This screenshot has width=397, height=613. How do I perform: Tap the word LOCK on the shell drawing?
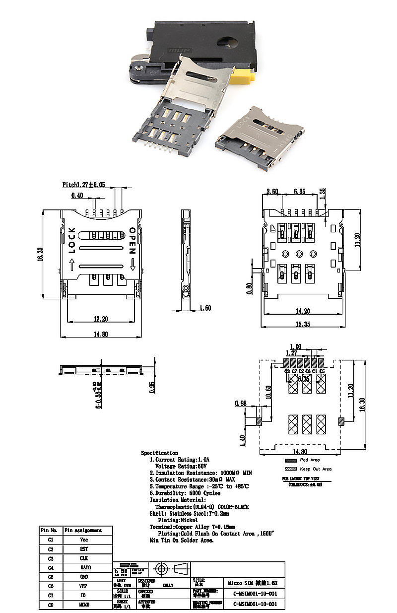72,240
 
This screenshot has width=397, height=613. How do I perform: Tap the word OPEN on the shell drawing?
132,240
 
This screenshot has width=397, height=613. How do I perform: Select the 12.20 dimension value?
101,319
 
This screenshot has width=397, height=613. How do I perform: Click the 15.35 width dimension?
303,324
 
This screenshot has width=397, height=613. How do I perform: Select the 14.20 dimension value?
303,312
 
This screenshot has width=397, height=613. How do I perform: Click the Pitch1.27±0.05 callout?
84,184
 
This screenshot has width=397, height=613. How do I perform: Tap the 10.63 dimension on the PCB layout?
268,391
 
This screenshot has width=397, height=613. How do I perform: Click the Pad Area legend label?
310,460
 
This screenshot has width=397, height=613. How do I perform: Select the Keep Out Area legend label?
316,469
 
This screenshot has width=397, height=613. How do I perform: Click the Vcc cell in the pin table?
84,540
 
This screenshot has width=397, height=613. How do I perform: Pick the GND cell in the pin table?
84,577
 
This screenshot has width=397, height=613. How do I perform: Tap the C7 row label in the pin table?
51,595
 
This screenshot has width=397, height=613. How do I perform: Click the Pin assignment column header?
83,530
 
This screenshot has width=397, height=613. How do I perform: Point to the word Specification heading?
159,453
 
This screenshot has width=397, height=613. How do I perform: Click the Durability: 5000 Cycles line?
185,493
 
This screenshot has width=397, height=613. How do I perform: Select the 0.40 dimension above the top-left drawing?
77,195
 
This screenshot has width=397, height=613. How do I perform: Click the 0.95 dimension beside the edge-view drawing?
153,387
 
